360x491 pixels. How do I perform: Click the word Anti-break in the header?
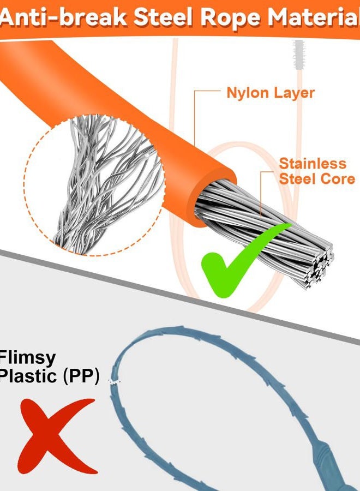click(x=63, y=17)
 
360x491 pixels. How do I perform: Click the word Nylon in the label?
click(x=247, y=93)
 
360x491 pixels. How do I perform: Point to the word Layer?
click(x=293, y=94)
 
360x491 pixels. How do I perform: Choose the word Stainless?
click(x=313, y=164)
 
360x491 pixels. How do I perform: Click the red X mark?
click(x=57, y=435)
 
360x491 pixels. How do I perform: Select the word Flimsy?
click(x=28, y=359)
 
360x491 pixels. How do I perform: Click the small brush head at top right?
click(x=299, y=54)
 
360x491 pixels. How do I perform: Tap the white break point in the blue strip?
click(x=114, y=381)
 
